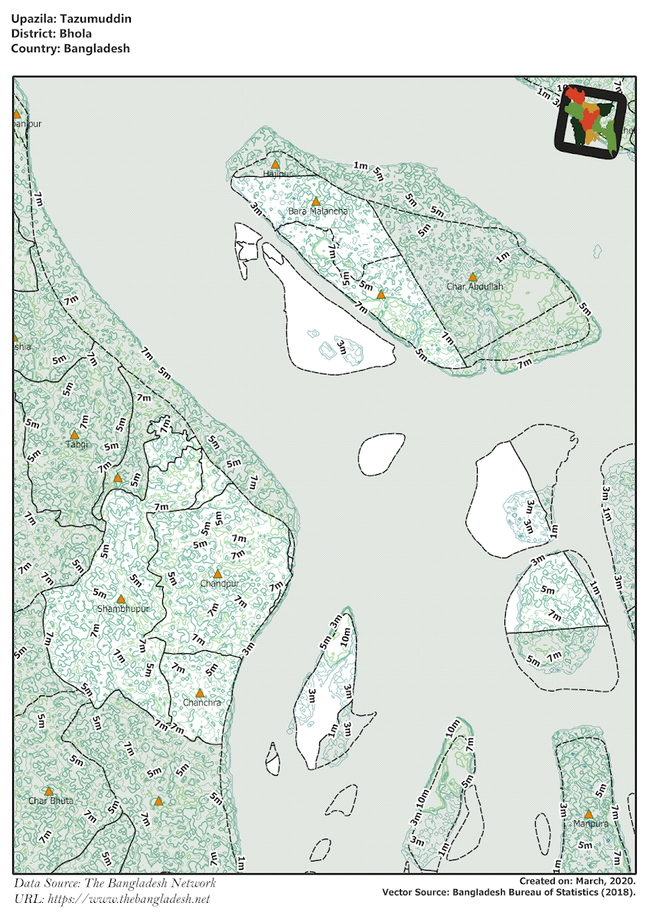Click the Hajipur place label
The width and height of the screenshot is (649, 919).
pyautogui.click(x=276, y=175)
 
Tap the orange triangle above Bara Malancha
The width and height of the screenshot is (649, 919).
pyautogui.click(x=315, y=201)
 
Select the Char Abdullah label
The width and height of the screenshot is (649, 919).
pyautogui.click(x=475, y=286)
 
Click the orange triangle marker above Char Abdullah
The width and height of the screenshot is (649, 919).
pyautogui.click(x=473, y=277)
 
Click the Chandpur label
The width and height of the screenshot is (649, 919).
pyautogui.click(x=220, y=584)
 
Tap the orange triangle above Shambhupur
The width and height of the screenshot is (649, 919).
pyautogui.click(x=120, y=599)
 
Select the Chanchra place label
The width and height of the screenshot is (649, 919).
pyautogui.click(x=202, y=702)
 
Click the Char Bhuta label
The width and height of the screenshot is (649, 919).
pyautogui.click(x=51, y=800)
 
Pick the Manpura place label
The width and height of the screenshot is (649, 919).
pyautogui.click(x=589, y=824)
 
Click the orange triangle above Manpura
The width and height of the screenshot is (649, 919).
pyautogui.click(x=589, y=814)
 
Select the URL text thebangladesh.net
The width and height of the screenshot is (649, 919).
pyautogui.click(x=141, y=899)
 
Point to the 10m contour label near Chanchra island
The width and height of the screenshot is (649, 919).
pyautogui.click(x=347, y=635)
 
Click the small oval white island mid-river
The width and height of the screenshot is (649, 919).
pyautogui.click(x=380, y=453)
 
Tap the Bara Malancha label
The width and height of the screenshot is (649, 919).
pyautogui.click(x=318, y=211)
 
